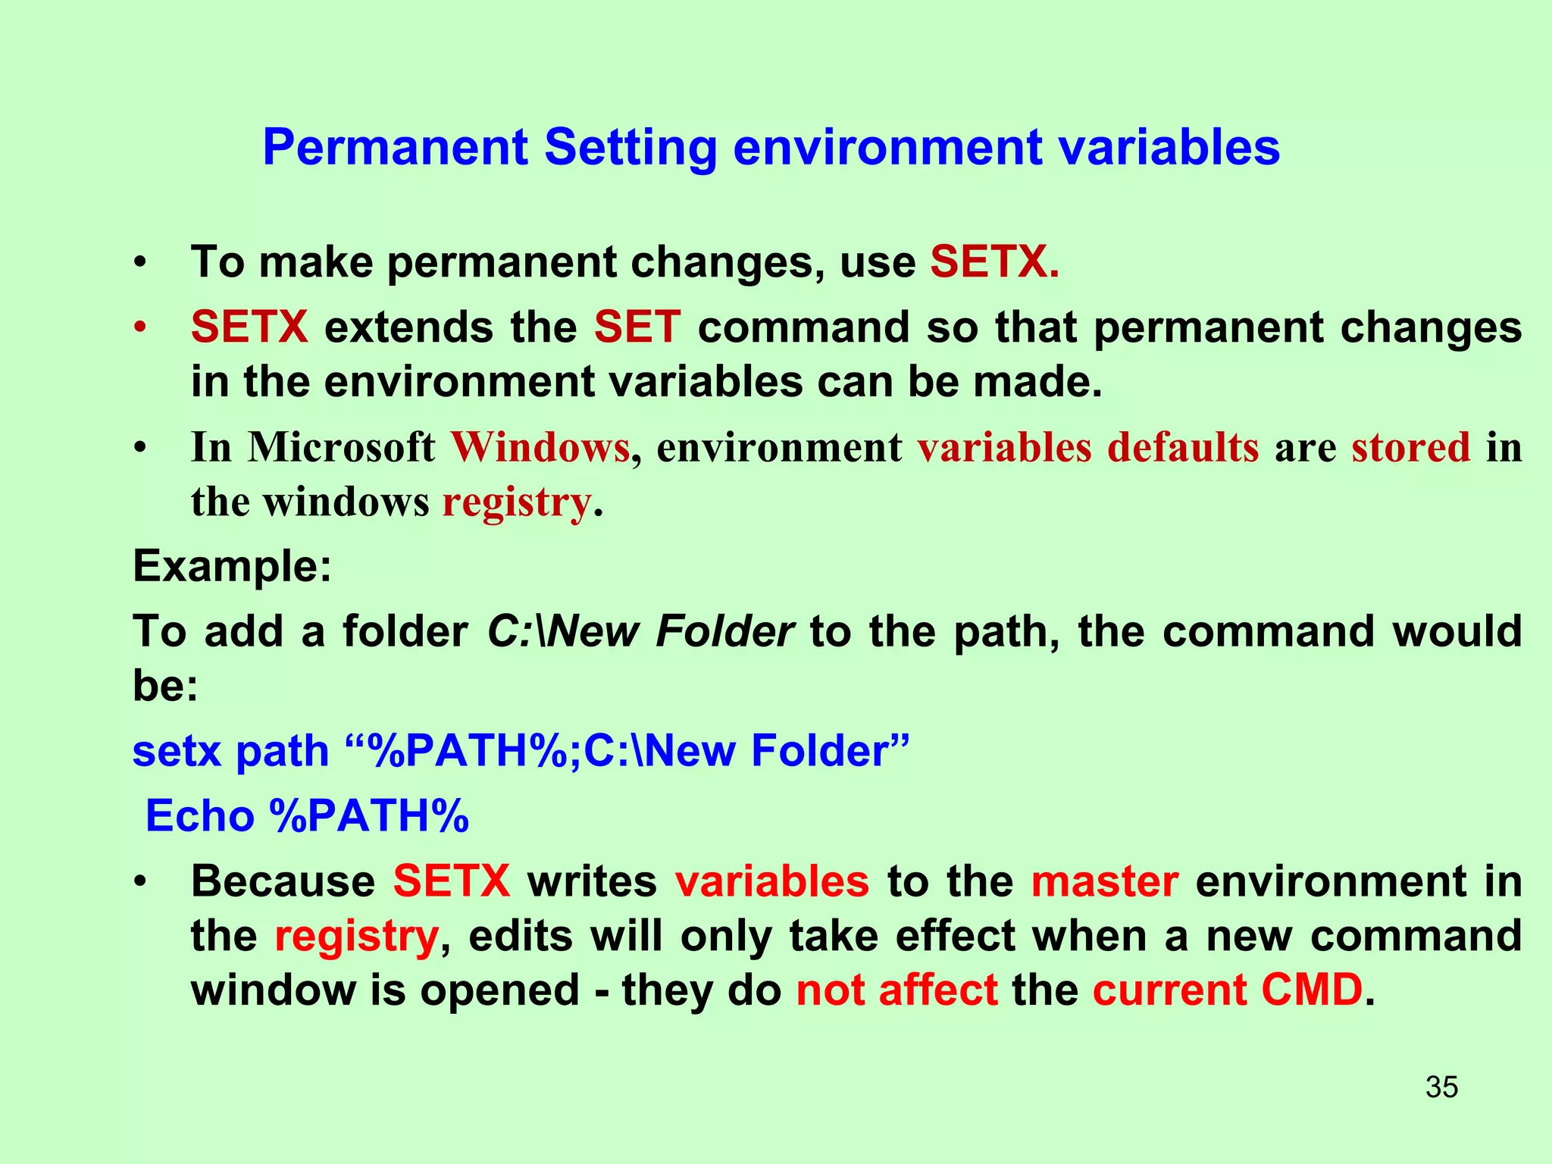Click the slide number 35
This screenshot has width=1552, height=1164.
(1441, 1087)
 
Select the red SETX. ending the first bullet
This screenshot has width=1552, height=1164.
(993, 262)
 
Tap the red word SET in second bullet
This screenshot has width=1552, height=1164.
(637, 327)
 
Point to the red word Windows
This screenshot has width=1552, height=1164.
(540, 447)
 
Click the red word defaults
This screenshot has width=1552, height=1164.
(1182, 447)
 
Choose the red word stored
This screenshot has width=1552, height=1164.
(1410, 447)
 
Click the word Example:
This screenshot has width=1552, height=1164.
(232, 566)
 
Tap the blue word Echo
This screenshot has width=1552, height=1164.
(199, 817)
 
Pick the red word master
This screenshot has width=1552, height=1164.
(1104, 882)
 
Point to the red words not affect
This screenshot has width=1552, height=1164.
(896, 990)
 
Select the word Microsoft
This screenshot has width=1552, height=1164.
(341, 447)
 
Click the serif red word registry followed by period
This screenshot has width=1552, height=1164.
(516, 502)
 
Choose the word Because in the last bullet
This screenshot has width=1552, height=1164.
(283, 882)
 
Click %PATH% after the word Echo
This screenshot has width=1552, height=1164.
(369, 817)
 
